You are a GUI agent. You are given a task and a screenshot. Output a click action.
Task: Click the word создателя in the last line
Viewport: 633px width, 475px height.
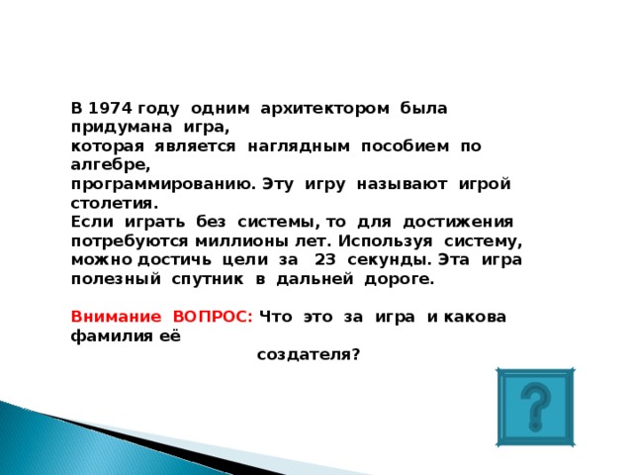[x=308, y=353]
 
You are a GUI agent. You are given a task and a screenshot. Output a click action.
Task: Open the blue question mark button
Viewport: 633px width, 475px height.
[x=535, y=408]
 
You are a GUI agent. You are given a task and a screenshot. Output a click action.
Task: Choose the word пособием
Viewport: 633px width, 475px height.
[x=407, y=145]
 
